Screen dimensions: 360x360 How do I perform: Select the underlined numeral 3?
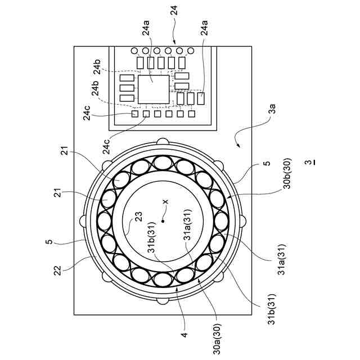pos(307,163)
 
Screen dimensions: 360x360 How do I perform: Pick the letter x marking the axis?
pos(165,201)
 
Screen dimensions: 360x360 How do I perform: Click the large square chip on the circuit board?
pos(154,89)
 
